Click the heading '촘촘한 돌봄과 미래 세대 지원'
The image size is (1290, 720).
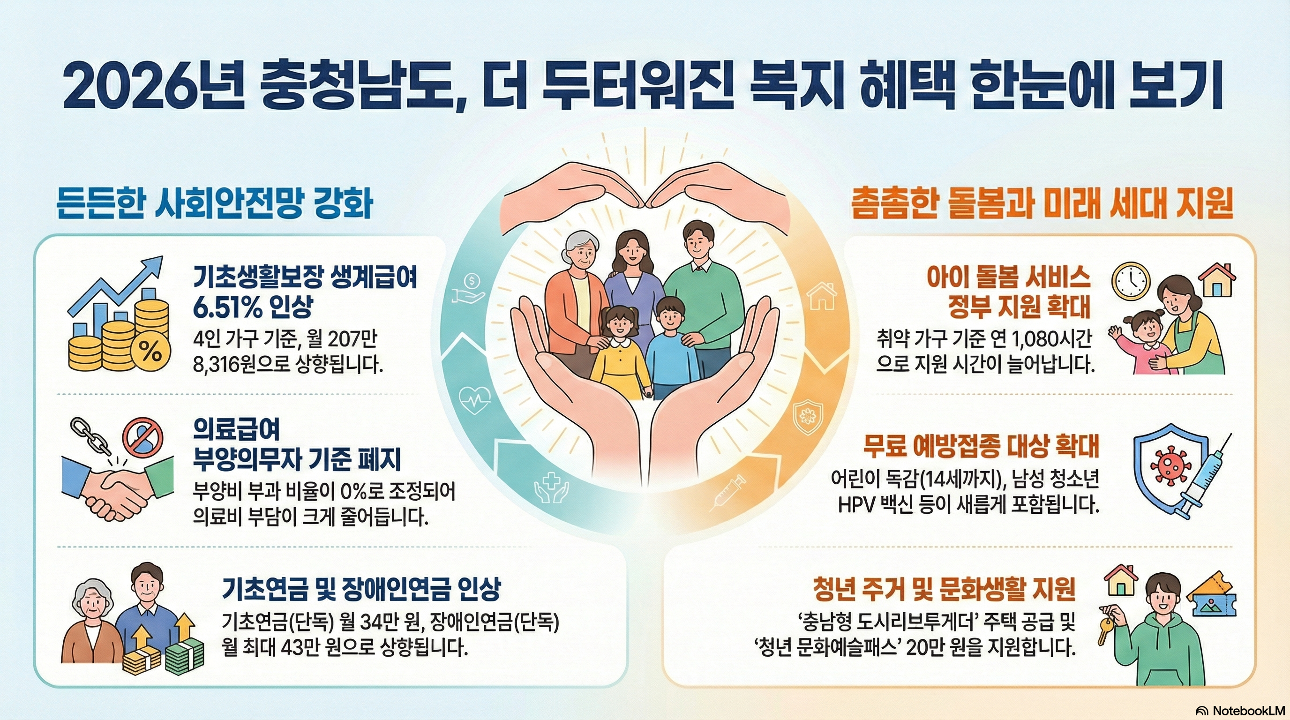[x=1042, y=204]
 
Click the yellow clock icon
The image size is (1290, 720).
[x=1131, y=281]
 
